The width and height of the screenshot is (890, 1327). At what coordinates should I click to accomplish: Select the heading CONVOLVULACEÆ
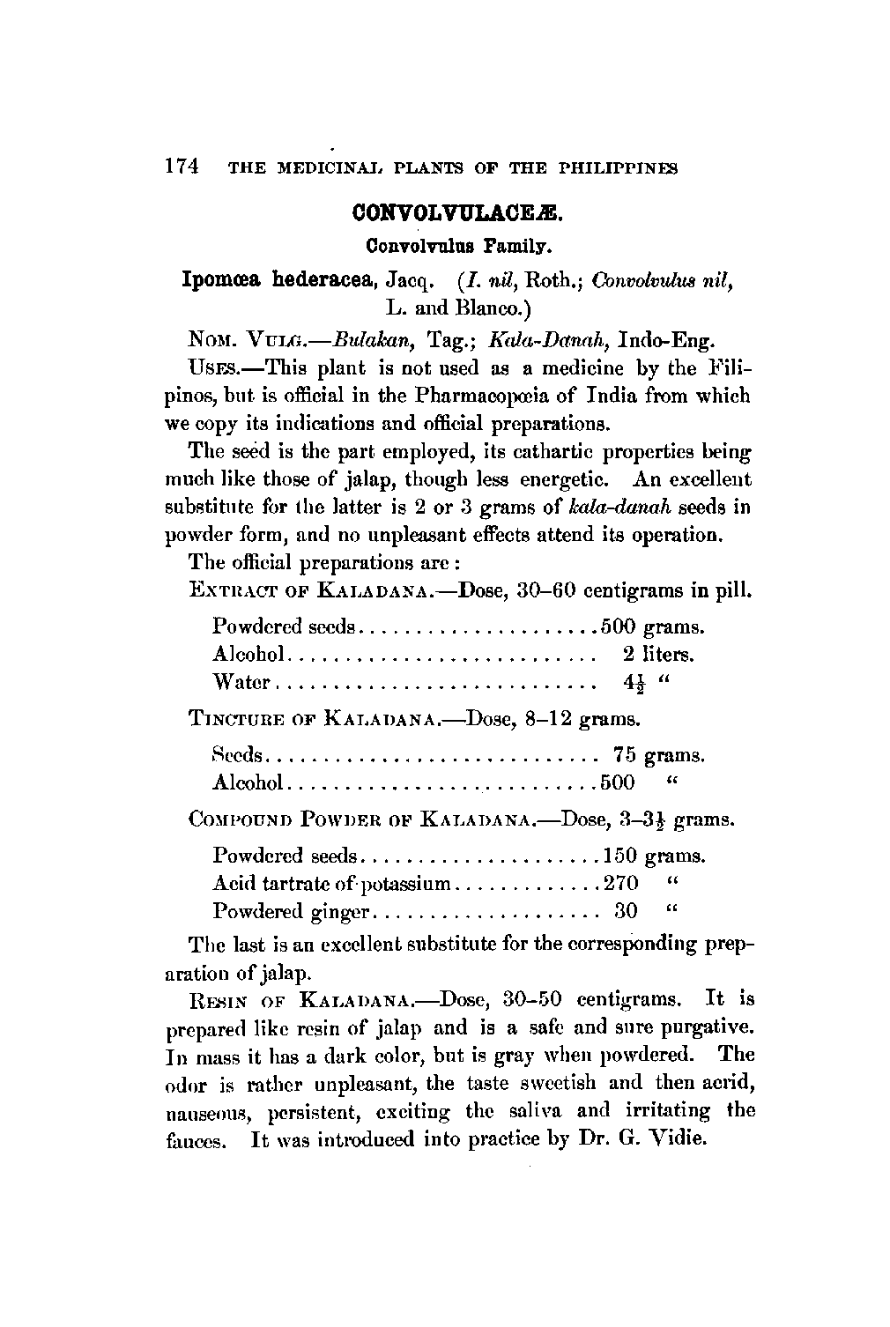456,214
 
